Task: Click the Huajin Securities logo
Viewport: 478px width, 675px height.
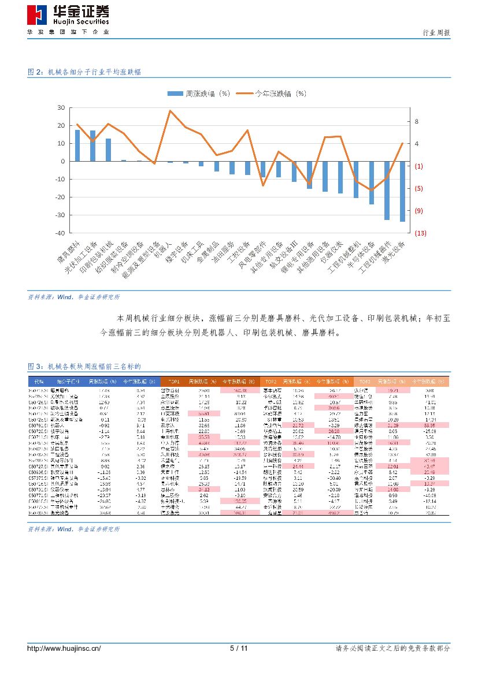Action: tap(68, 18)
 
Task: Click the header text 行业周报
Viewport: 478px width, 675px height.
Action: tap(436, 33)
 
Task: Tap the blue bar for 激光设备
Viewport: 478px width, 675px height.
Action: tap(402, 191)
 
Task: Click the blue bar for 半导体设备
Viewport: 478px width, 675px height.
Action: tap(372, 182)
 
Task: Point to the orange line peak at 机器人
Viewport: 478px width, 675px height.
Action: tap(170, 110)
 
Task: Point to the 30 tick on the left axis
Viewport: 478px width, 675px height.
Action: tap(61, 107)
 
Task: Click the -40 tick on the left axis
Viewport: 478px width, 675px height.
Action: tap(60, 233)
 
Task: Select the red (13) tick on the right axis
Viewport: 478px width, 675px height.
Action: tap(420, 233)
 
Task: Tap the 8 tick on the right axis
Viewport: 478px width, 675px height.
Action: tap(416, 122)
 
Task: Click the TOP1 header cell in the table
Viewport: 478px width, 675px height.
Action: tap(174, 382)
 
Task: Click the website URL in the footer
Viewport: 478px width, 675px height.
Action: tap(64, 648)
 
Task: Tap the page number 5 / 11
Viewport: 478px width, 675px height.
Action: tap(239, 648)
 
